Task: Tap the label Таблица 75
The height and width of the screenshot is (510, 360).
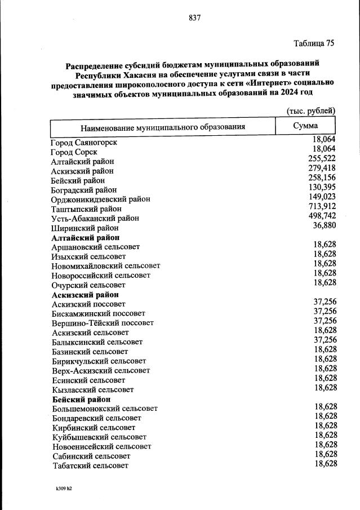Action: pyautogui.click(x=314, y=43)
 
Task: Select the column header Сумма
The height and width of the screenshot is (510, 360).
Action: pyautogui.click(x=305, y=126)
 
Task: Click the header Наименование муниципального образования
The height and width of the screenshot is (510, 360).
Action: pyautogui.click(x=162, y=127)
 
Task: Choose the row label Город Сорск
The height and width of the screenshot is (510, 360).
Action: pyautogui.click(x=74, y=152)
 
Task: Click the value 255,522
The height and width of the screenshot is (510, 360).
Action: pyautogui.click(x=323, y=158)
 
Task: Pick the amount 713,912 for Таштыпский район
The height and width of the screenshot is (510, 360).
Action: pyautogui.click(x=323, y=206)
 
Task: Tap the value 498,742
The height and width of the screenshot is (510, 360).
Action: pyautogui.click(x=323, y=215)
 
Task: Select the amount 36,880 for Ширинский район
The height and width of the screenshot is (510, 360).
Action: pyautogui.click(x=325, y=225)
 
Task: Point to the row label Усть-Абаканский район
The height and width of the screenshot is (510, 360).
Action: pyautogui.click(x=95, y=218)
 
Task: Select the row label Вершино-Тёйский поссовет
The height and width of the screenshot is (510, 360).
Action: pyautogui.click(x=102, y=323)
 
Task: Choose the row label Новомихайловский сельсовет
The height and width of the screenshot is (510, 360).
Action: pyautogui.click(x=105, y=265)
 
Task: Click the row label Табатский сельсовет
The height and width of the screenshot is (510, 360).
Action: pyautogui.click(x=90, y=465)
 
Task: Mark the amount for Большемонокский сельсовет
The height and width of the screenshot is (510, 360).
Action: pyautogui.click(x=325, y=406)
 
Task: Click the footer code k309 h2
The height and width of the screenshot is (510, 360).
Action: pyautogui.click(x=60, y=489)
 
